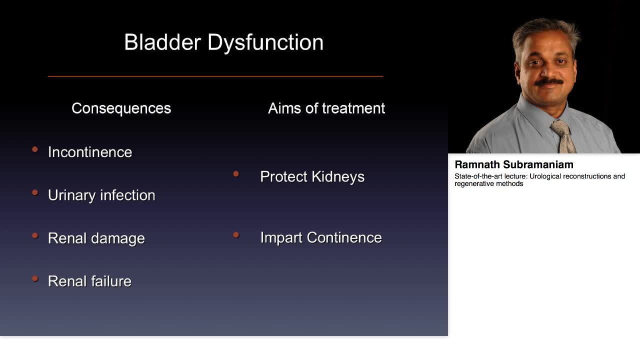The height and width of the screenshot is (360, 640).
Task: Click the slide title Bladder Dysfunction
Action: click(x=223, y=42)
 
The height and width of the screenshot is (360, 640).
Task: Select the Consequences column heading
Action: click(x=121, y=108)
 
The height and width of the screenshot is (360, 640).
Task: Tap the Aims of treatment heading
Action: click(x=326, y=108)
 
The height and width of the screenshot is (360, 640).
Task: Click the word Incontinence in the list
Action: click(x=90, y=152)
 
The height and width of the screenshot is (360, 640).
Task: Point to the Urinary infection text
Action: click(x=101, y=195)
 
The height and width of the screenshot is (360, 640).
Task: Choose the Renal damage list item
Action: click(x=96, y=238)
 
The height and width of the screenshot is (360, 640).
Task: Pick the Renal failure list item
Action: click(x=89, y=281)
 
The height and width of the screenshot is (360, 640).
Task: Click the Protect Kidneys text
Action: click(x=312, y=176)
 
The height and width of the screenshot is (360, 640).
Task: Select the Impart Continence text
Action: click(x=320, y=237)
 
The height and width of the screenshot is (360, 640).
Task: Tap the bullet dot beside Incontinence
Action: click(x=35, y=149)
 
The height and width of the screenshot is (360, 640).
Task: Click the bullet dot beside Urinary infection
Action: click(x=35, y=192)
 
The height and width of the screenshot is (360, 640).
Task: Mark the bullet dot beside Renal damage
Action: click(x=35, y=235)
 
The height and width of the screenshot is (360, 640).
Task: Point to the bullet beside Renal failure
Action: click(x=35, y=278)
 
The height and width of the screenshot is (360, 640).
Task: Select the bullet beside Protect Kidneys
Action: click(x=236, y=173)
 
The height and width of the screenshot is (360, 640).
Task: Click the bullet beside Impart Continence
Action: click(x=236, y=234)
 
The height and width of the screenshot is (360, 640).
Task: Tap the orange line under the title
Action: click(x=215, y=76)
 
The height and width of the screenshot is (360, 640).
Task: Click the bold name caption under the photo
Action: click(x=514, y=164)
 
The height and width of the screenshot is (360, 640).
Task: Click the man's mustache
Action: click(x=548, y=81)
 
